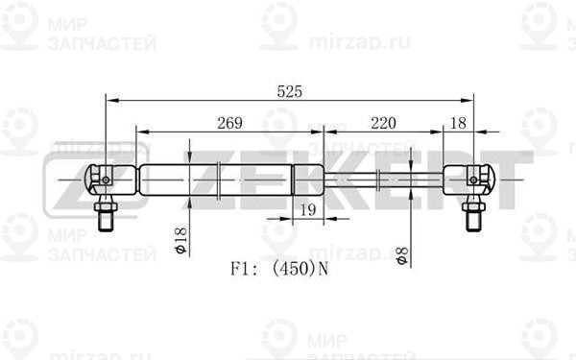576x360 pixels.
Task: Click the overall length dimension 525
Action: [x=290, y=91]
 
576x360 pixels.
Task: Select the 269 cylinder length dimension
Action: [x=229, y=123]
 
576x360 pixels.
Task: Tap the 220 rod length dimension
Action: [x=383, y=123]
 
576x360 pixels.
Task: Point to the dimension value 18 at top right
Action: [x=458, y=123]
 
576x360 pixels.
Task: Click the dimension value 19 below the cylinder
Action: [x=308, y=209]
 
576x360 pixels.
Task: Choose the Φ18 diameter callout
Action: [x=180, y=241]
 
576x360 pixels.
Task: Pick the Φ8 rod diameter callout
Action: [x=402, y=255]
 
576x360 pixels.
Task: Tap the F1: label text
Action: [x=245, y=269]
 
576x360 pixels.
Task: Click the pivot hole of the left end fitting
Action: [x=106, y=180]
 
